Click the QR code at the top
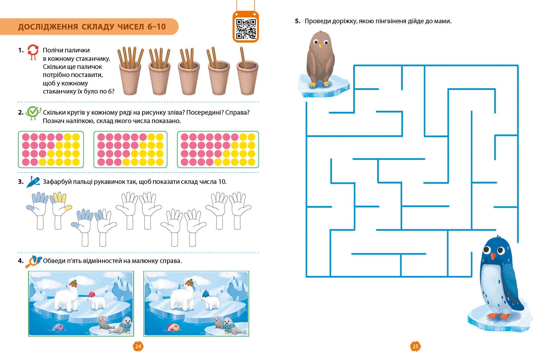[x=246, y=29]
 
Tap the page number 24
[x=138, y=346]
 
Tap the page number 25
[x=415, y=346]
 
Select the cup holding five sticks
[x=130, y=71]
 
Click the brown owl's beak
[x=320, y=46]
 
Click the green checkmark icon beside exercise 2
[x=33, y=113]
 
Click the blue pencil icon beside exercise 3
[x=33, y=182]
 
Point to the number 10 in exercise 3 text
[x=222, y=182]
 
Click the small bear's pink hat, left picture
[x=91, y=294]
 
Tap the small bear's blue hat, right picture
[x=206, y=294]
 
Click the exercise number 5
[x=297, y=21]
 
